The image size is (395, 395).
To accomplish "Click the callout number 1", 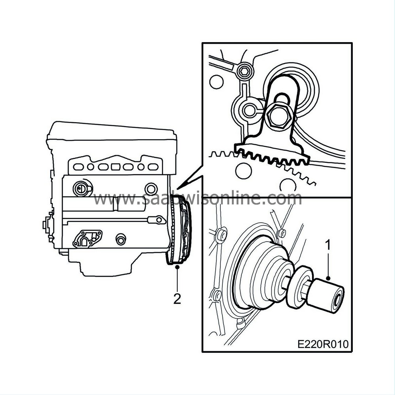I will click(327, 245).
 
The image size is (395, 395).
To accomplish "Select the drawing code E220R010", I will click(323, 344).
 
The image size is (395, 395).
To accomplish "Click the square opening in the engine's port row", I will click(115, 166).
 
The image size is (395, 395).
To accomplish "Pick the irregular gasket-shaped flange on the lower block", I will click(87, 238).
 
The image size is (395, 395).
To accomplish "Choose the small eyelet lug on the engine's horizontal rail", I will click(159, 220).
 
